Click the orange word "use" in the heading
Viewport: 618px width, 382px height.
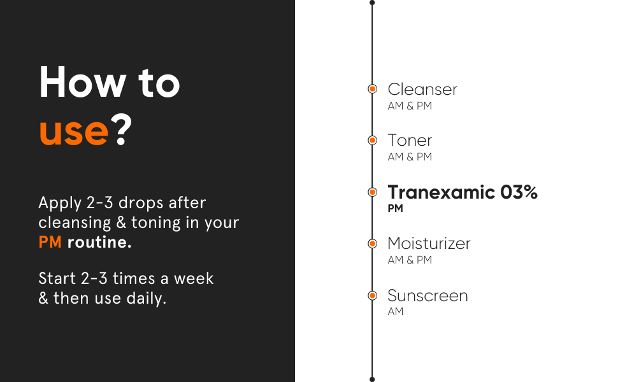coord(74,132)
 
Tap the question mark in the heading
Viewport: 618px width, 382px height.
coord(121,129)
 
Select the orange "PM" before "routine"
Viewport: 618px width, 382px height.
coord(50,242)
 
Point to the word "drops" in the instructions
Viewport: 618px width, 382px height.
coord(141,203)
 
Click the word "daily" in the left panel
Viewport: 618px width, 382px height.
coord(147,298)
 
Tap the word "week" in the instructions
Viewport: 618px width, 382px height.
coord(194,278)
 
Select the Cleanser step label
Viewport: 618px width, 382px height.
coord(422,89)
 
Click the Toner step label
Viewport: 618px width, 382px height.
coord(410,141)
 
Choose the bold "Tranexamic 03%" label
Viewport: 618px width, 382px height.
coord(463,192)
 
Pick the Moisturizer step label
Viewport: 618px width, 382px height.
coord(429,243)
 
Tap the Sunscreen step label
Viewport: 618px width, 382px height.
coord(428,295)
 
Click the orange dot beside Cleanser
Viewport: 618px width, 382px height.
coord(373,89)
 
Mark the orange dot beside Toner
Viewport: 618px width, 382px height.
coord(373,140)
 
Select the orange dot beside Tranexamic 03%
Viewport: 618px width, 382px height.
coord(373,192)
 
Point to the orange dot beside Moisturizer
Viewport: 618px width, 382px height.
coord(373,244)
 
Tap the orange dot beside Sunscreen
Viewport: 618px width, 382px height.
coord(373,295)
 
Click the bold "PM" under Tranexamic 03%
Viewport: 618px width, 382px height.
coord(395,208)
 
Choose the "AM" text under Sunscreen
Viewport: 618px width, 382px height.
coord(396,311)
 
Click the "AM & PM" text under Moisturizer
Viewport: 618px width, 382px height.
coord(410,260)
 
